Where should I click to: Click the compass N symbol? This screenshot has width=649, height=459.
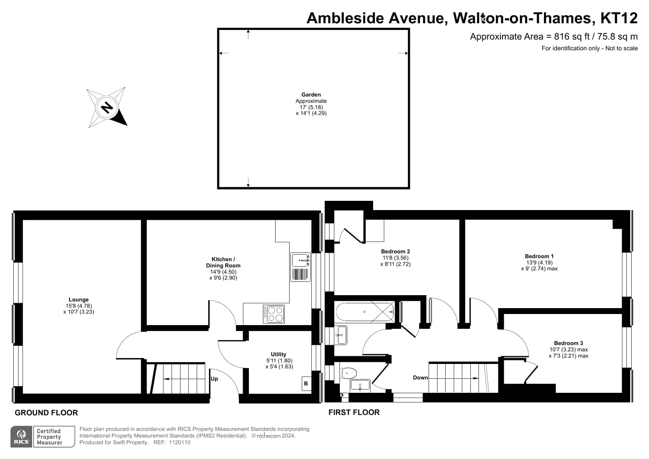(107, 108)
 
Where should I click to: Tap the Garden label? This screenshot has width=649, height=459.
(311, 95)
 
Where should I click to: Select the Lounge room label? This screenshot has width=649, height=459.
(79, 300)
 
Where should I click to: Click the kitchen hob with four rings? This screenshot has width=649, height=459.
(274, 314)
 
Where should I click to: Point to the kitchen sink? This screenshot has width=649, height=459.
(300, 267)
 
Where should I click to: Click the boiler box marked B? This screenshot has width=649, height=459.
(306, 384)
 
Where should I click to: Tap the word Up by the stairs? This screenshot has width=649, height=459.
(214, 379)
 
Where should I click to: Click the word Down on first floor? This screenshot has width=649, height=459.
(420, 378)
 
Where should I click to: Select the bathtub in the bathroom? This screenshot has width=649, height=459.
(365, 312)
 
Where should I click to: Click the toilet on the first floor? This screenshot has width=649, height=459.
(349, 373)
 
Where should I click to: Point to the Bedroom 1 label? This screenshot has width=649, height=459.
(539, 256)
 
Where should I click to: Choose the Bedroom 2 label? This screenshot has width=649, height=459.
(395, 252)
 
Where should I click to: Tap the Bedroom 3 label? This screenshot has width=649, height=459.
(568, 343)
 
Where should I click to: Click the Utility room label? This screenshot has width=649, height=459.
(278, 354)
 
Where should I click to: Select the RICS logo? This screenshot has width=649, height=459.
(22, 437)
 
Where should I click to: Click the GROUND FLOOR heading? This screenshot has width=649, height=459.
(46, 413)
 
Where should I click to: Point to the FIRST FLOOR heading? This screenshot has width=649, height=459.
(354, 412)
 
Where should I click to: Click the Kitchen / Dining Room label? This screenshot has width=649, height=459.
(223, 262)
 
